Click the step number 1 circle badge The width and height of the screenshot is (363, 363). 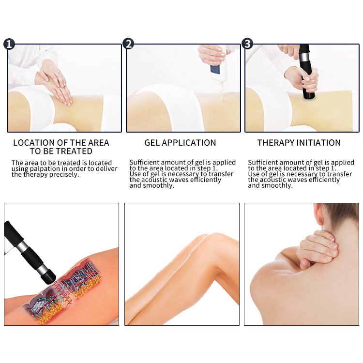[9, 45]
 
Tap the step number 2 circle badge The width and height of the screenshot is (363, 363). [128, 45]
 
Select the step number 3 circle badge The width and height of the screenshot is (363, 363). [247, 45]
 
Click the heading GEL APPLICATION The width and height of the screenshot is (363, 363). [180, 143]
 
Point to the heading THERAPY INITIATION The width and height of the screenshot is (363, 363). [299, 143]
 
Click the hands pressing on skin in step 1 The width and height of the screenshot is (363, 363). [56, 82]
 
